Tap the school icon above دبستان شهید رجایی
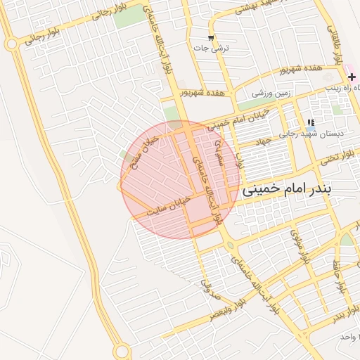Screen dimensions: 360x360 311,122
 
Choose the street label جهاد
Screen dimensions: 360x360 263,141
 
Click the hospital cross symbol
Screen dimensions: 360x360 352,76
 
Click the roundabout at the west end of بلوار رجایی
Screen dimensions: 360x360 11,44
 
